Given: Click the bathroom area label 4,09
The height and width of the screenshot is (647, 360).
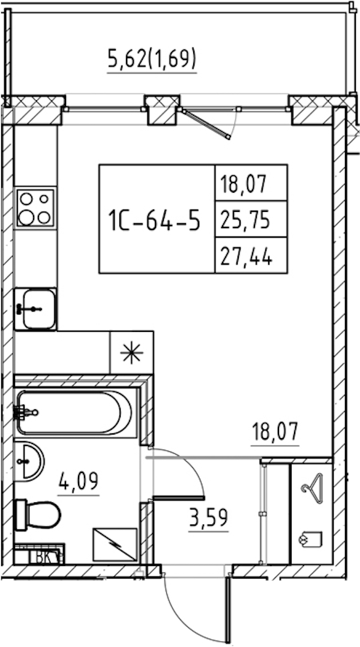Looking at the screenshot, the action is [x=79, y=481].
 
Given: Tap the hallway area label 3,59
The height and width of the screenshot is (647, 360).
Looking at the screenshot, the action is [x=208, y=519].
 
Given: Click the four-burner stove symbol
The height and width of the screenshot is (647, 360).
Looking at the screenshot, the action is [x=35, y=208].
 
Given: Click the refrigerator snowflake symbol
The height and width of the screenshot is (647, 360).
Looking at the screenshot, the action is [x=131, y=352].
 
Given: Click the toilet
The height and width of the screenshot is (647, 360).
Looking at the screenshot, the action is [x=38, y=514].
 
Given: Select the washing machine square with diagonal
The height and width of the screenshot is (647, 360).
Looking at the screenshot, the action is [x=115, y=545].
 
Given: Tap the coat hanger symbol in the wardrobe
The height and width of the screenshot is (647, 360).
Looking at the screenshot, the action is [x=312, y=488].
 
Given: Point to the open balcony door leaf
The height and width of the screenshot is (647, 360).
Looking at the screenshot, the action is [x=206, y=124].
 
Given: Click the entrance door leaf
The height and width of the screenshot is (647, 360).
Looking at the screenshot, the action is [x=227, y=609].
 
